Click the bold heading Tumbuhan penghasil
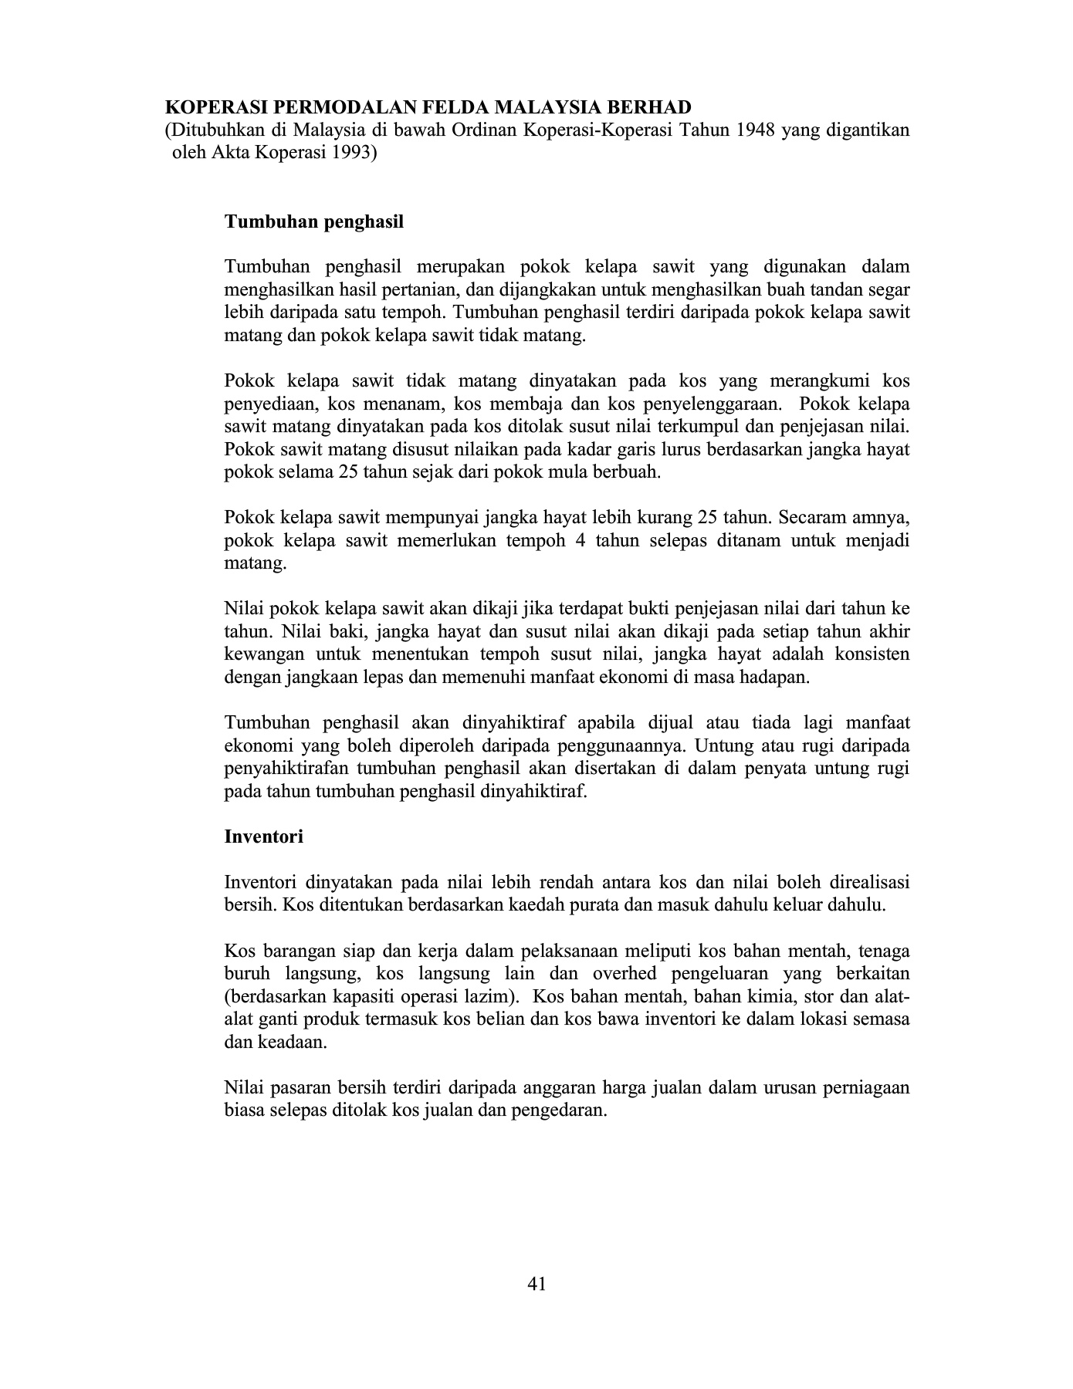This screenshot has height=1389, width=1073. [x=314, y=222]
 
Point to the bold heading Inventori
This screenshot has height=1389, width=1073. [x=263, y=836]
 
